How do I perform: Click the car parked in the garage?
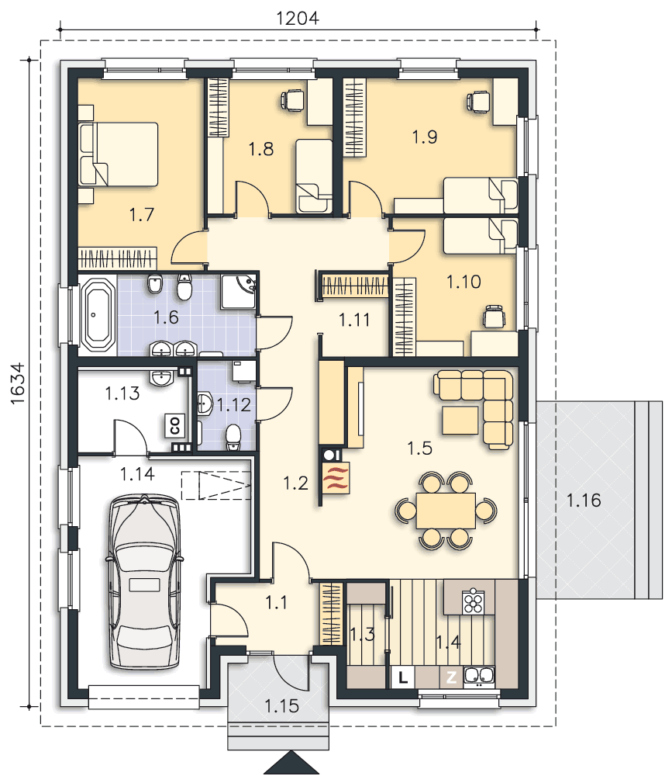(x=145, y=582)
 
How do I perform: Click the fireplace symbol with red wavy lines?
(x=336, y=478)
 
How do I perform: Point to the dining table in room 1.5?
(x=445, y=510)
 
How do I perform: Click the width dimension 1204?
(x=298, y=17)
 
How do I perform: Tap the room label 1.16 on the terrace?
(x=584, y=501)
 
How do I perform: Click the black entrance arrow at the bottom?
(x=291, y=764)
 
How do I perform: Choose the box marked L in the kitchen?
(x=402, y=677)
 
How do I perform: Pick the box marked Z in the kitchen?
(x=451, y=677)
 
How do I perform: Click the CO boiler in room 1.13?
(x=174, y=424)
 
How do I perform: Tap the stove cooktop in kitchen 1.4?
(x=473, y=600)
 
